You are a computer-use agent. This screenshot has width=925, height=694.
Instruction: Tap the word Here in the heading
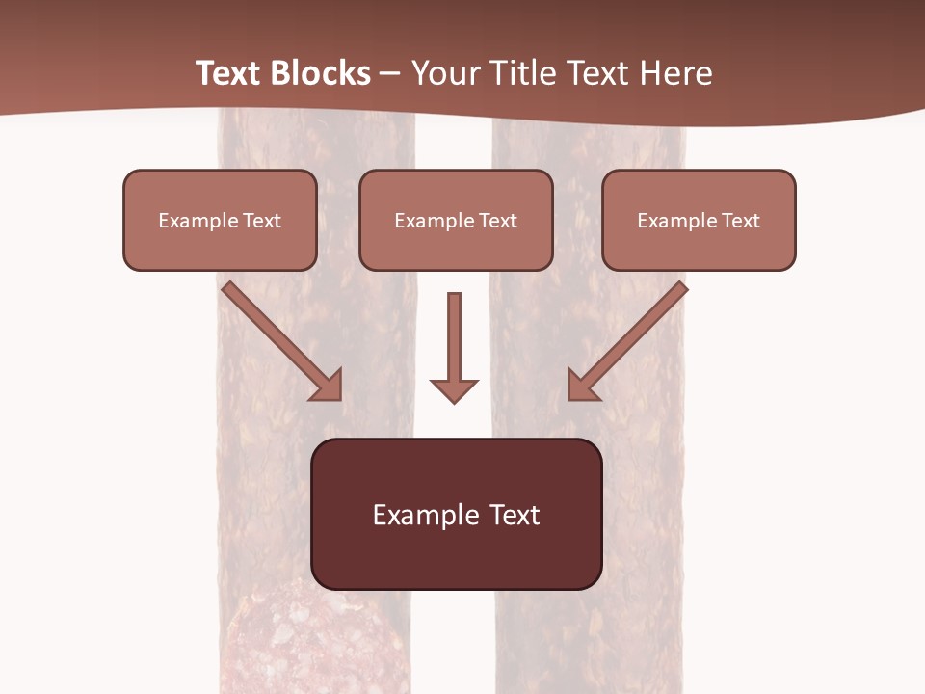tap(674, 73)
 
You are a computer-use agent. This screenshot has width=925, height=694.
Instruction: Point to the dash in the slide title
tap(390, 74)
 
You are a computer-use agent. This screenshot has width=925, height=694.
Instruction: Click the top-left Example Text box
tap(220, 220)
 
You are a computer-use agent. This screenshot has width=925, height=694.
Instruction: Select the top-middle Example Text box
tap(456, 220)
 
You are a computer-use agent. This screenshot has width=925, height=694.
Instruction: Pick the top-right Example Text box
tap(699, 220)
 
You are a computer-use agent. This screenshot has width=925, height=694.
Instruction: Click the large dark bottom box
tap(456, 514)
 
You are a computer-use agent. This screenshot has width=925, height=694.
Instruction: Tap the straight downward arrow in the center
tap(454, 342)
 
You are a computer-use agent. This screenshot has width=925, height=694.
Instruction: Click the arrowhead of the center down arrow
tap(454, 389)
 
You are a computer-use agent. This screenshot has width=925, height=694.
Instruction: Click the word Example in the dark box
tap(412, 515)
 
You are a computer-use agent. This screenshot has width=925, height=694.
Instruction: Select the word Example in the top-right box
tap(676, 221)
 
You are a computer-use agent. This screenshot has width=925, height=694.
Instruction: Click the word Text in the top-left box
tap(262, 221)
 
